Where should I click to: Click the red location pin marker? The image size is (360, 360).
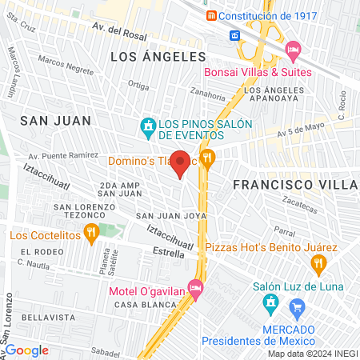coord(181,162)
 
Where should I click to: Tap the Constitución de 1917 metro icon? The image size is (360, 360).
coord(210,16)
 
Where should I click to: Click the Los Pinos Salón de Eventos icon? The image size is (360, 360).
coord(147,126)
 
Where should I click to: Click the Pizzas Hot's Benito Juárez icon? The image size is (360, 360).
coord(319,262)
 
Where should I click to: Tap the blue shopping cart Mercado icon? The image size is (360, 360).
coord(298,306)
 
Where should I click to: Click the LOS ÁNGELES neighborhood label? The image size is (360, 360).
coord(158,57)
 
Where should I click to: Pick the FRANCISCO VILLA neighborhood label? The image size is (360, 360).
coord(294,184)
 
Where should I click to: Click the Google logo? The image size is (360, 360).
coord(26,350)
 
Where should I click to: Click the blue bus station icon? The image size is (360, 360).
coord(235,35)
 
